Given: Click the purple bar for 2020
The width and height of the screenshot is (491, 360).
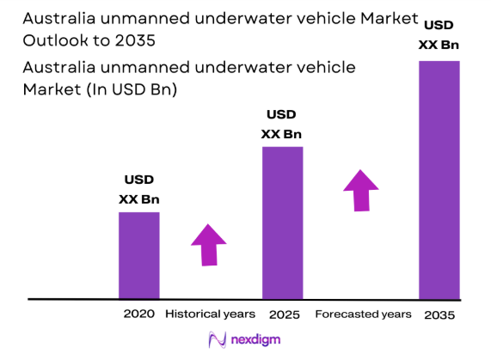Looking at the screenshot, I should tap(138, 254).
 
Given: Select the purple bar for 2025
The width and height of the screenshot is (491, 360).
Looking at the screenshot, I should tap(282, 222).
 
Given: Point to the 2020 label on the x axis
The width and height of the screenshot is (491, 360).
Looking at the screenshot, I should tap(138, 314).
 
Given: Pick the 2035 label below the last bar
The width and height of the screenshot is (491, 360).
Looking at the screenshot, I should tap(439, 315).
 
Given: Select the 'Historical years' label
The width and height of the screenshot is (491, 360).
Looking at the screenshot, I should tap(210, 314).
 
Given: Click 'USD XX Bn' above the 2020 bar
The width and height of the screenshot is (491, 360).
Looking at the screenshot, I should tap(138, 190).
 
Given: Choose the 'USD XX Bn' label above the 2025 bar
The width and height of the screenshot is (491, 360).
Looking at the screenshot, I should tap(282, 124).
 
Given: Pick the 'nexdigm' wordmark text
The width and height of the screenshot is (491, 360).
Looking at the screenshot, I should tap(257, 341).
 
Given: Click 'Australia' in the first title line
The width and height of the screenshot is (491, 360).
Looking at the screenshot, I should tap(54, 18).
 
